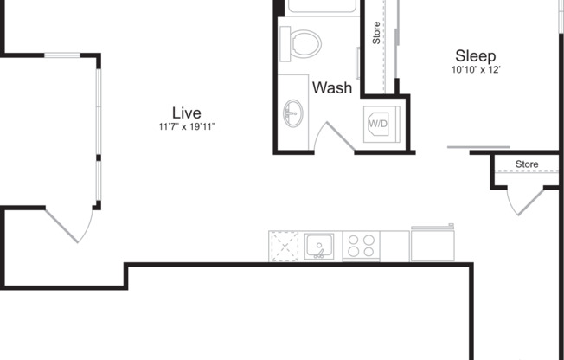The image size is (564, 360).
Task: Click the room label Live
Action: [186, 112]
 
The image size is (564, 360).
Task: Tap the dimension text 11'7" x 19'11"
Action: [186, 127]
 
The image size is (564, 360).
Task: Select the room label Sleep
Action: [475, 55]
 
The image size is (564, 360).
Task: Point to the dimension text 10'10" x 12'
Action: [476, 69]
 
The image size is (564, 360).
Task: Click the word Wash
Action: [331, 87]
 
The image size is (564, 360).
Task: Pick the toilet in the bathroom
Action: [304, 42]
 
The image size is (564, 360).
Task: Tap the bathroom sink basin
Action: [294, 112]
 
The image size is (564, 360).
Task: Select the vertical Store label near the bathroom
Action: [376, 33]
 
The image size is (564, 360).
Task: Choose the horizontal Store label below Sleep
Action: [527, 164]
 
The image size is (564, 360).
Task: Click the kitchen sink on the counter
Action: [320, 247]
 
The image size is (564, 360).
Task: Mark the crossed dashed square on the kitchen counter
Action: [284, 246]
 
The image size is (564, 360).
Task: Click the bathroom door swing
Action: [332, 138]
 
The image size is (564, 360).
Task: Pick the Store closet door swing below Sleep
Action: [525, 201]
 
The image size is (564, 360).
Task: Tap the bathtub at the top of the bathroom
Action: [321, 6]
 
